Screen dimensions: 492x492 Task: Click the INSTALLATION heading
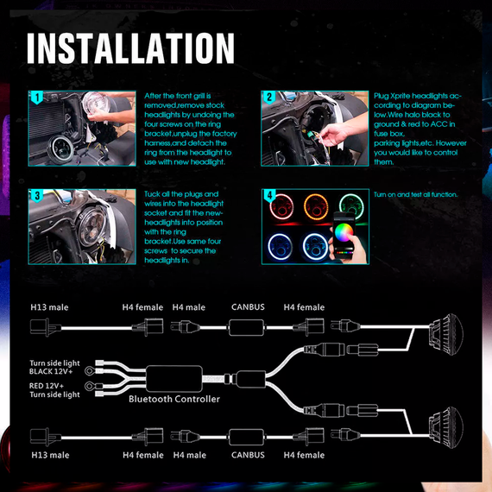click(x=130, y=48)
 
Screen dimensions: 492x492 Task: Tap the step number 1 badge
click(x=37, y=98)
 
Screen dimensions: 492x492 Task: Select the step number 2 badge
click(x=269, y=98)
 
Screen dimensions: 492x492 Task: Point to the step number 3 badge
click(x=37, y=196)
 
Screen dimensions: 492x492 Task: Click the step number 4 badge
click(x=269, y=196)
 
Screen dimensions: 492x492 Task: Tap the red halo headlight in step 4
click(x=281, y=207)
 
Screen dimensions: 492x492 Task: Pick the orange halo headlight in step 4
click(x=316, y=207)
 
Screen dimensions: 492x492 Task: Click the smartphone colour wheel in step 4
click(x=344, y=232)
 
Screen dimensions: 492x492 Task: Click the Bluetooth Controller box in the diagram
click(x=174, y=379)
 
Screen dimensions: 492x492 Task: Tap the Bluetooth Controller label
click(x=174, y=399)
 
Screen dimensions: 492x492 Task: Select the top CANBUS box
click(x=246, y=328)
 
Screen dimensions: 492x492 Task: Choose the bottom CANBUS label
click(x=248, y=455)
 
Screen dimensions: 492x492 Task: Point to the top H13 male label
click(x=49, y=307)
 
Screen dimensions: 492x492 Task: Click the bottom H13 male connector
click(x=46, y=437)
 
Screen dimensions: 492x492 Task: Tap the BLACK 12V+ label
click(x=51, y=371)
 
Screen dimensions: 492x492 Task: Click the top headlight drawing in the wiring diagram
click(x=446, y=334)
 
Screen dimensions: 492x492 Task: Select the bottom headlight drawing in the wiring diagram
click(x=446, y=427)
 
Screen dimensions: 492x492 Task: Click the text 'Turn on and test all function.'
click(x=415, y=194)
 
